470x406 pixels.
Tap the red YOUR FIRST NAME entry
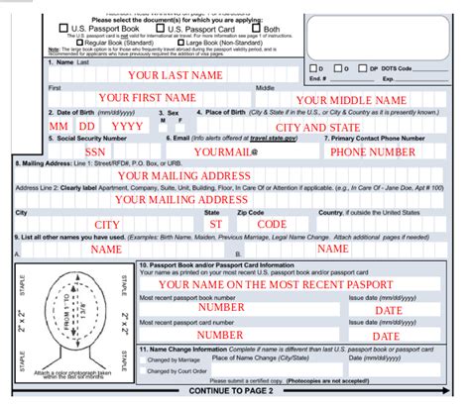click(147, 97)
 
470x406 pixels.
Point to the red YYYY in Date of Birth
click(126, 128)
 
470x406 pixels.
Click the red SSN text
click(95, 152)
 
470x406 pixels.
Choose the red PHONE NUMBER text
click(373, 152)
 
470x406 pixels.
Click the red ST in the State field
click(215, 225)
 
